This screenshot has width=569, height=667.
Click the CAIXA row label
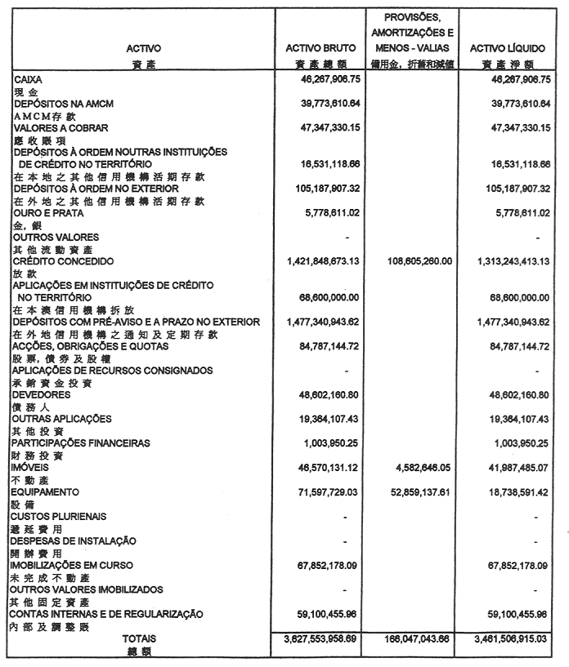(x=29, y=80)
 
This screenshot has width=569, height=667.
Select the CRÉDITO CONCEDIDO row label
(x=62, y=261)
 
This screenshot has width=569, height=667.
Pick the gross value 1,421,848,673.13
(x=325, y=261)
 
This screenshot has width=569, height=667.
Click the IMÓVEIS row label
(x=32, y=469)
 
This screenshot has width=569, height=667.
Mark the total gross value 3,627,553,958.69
(x=325, y=638)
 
